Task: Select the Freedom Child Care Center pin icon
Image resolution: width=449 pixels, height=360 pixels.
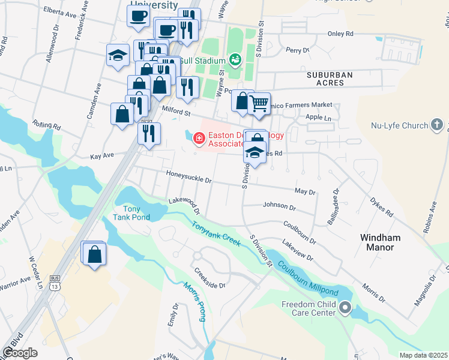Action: coord(345,308)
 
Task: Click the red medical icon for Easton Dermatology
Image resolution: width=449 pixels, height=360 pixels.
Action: coord(198,139)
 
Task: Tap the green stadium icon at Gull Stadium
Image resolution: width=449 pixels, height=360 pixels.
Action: coord(235,60)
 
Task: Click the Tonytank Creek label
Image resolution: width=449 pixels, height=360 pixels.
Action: coord(216,234)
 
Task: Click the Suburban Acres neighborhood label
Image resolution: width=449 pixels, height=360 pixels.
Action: coord(330,79)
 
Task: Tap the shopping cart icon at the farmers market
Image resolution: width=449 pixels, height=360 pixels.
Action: coord(259,103)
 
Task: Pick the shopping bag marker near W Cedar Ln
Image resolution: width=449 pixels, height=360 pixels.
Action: coord(94,254)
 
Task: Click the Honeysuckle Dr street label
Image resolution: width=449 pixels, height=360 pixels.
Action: coord(189,179)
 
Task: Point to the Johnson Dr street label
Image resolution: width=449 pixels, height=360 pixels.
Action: coord(279,207)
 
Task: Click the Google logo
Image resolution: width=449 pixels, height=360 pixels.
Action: coord(20,353)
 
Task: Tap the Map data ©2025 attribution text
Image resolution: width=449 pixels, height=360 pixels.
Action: coord(423,355)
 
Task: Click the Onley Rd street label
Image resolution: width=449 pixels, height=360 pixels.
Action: coord(340,34)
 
